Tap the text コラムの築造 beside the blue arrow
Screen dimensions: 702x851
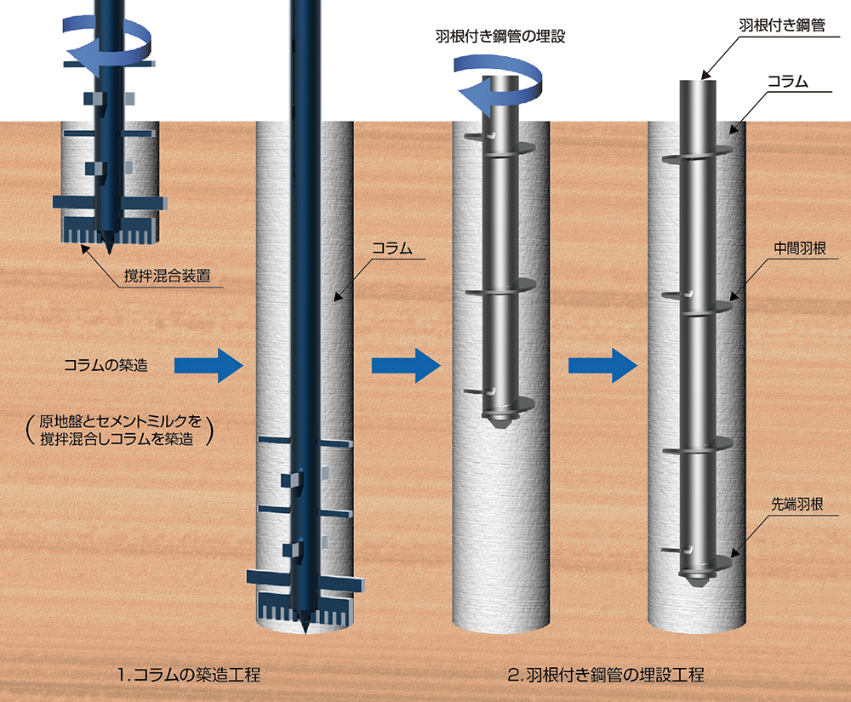point(106,367)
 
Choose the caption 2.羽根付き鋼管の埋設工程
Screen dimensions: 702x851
point(605,676)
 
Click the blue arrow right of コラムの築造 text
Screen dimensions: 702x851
point(209,366)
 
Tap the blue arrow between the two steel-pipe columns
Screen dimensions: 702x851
point(603,366)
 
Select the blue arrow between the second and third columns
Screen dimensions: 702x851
point(406,366)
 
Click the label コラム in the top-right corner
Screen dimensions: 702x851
point(787,82)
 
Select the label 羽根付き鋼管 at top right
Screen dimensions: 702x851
point(781,26)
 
